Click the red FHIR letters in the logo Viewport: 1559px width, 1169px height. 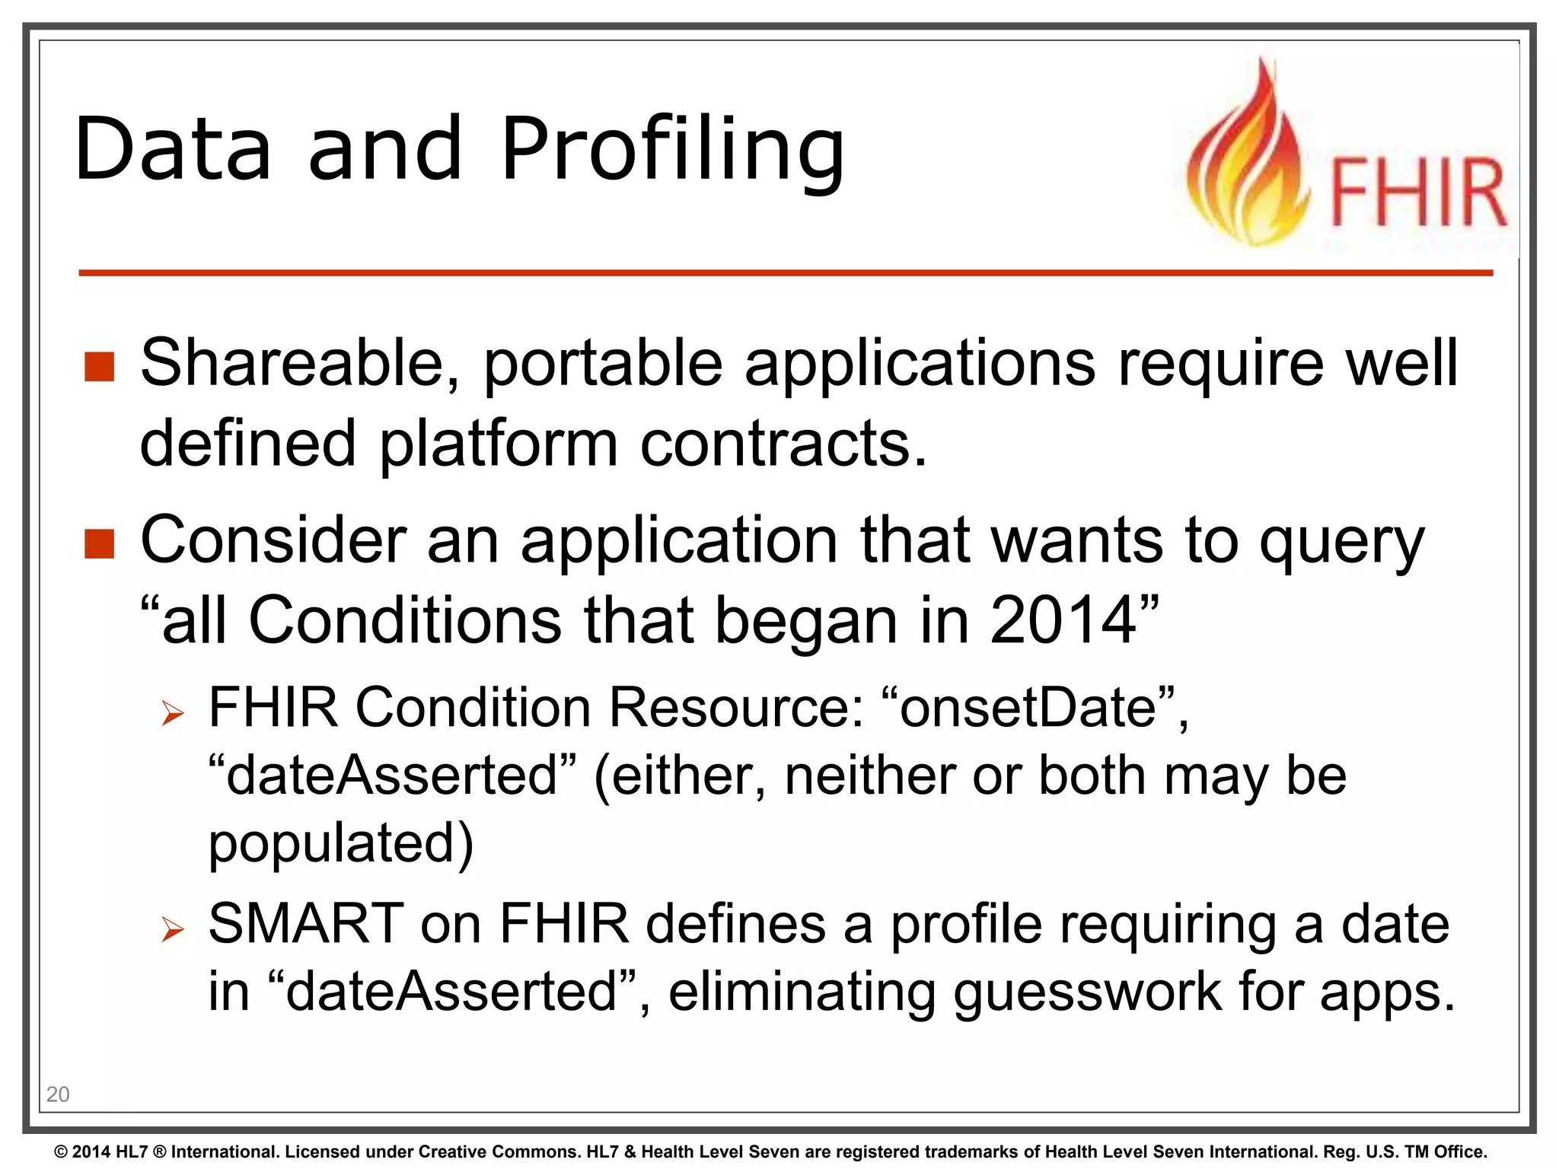click(x=1418, y=192)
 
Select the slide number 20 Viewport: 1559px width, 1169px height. click(x=58, y=1094)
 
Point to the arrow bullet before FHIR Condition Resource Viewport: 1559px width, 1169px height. click(x=174, y=713)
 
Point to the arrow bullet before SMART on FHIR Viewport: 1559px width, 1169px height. click(x=174, y=929)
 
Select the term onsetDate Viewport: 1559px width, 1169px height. click(x=1028, y=708)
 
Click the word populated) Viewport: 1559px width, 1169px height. click(x=341, y=843)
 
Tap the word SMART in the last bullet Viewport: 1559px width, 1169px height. click(x=306, y=924)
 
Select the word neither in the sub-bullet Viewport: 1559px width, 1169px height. click(x=868, y=776)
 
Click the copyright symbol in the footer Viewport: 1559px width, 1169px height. click(x=62, y=1152)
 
